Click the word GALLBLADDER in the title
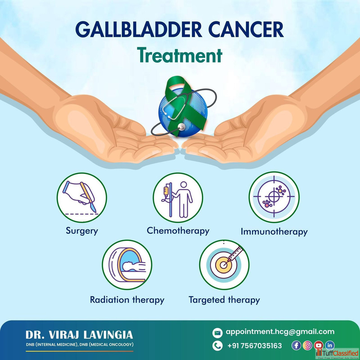pos(139,30)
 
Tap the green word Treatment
pos(180,55)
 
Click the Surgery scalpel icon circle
pos(82,198)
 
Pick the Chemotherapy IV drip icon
pos(178,198)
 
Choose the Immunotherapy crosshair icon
pos(274,197)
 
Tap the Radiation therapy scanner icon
pos(127,265)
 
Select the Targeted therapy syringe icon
pos(224,265)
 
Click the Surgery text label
pos(82,231)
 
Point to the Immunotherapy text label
pos(274,232)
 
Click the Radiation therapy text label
pos(127,300)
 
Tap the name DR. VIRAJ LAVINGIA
pos(79,335)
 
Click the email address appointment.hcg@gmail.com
pos(280,332)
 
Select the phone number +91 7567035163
pos(254,346)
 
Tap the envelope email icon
pos(217,333)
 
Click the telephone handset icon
pos(217,346)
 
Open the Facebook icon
pos(296,345)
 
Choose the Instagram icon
pos(307,345)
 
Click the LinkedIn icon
pos(330,345)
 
